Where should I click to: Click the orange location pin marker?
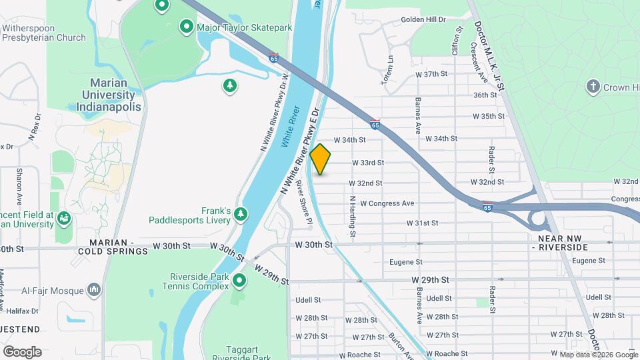320,159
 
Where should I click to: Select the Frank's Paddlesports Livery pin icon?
241,215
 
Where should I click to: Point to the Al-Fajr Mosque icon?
93,290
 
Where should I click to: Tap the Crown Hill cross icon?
592,87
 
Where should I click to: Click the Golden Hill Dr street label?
423,19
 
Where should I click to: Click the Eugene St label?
406,263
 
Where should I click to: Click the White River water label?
289,127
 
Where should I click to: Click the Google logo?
22,351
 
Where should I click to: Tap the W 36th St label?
485,95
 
